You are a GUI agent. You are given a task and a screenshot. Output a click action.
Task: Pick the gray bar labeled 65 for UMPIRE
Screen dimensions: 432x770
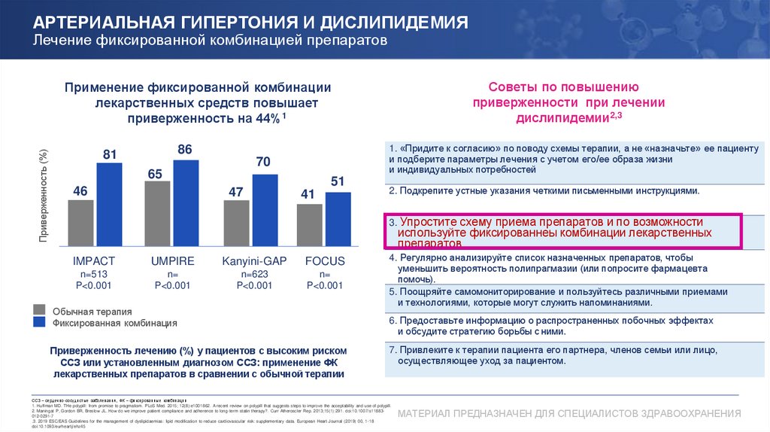pos(157,214)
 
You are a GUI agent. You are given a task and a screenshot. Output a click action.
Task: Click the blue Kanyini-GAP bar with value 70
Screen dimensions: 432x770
pos(264,211)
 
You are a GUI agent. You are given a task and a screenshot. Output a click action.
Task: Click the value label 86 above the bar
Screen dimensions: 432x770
pos(185,150)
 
